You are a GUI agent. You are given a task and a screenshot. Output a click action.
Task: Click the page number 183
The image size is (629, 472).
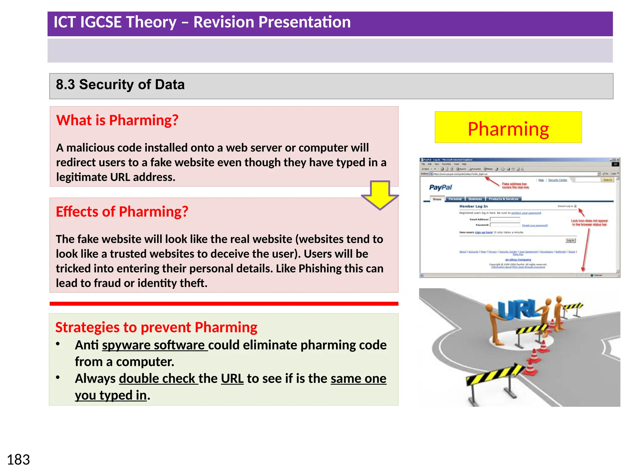click(18, 460)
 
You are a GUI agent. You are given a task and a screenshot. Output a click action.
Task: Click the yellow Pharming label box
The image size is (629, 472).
click(508, 128)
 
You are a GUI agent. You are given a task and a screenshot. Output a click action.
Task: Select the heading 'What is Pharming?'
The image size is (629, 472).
click(117, 120)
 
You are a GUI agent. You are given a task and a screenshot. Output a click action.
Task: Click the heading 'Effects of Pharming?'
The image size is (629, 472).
click(122, 212)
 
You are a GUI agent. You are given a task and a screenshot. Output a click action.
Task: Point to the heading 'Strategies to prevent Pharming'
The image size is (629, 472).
click(156, 327)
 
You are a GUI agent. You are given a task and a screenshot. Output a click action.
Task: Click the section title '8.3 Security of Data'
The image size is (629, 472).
click(120, 85)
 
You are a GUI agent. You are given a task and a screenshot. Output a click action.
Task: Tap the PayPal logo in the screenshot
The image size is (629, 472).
click(440, 187)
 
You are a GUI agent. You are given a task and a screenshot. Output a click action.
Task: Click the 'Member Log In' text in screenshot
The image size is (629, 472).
click(473, 206)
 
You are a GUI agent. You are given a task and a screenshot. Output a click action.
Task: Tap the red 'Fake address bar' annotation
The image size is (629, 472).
click(515, 185)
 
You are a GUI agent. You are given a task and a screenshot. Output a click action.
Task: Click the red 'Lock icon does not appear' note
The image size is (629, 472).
click(589, 222)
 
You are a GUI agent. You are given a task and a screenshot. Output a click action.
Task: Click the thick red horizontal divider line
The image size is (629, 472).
click(224, 304)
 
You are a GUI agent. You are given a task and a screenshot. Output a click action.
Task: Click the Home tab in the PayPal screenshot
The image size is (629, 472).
click(437, 199)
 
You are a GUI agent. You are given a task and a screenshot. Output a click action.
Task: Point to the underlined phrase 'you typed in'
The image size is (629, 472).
click(111, 395)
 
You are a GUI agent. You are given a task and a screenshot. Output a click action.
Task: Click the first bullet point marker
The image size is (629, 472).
click(58, 344)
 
